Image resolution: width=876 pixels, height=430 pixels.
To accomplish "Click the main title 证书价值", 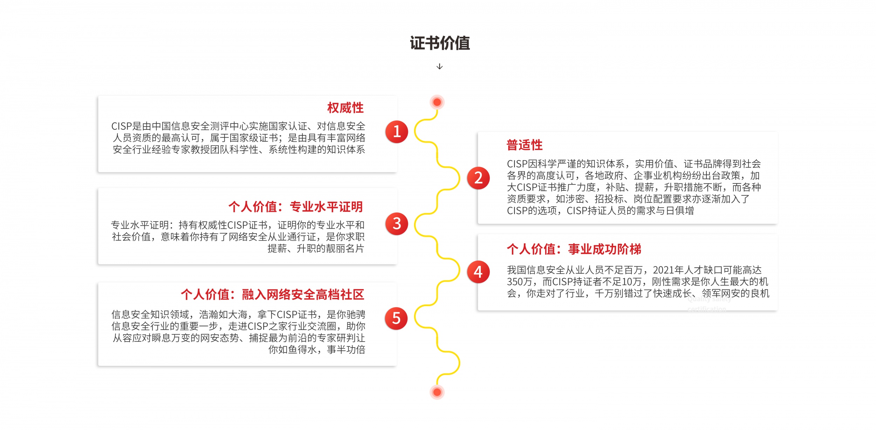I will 439,43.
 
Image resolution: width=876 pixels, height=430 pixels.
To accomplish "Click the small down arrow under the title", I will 439,66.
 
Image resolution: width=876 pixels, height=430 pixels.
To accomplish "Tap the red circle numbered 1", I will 397,132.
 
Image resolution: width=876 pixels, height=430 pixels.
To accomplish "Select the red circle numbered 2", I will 478,178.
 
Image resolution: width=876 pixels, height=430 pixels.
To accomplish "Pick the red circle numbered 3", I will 397,224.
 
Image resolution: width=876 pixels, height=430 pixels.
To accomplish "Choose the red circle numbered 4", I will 478,272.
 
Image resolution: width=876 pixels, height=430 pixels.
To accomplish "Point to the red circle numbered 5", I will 396,318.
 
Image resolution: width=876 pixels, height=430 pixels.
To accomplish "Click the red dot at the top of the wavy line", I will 437,102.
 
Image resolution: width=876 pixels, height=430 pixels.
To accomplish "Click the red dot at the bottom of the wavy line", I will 437,392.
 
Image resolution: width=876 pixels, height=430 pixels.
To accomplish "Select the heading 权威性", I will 345,108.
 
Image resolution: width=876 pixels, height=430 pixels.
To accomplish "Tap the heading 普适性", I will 525,145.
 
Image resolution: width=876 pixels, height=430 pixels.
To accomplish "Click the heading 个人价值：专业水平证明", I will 296,207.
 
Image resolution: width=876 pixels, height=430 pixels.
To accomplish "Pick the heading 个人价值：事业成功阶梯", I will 574,249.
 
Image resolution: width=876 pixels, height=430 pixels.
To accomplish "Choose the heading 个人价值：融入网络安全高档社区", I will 273,294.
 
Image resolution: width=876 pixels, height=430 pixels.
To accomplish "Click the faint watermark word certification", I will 706,309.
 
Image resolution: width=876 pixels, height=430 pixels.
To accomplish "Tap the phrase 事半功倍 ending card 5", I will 346,350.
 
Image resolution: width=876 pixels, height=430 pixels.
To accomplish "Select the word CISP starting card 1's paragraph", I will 121,126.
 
